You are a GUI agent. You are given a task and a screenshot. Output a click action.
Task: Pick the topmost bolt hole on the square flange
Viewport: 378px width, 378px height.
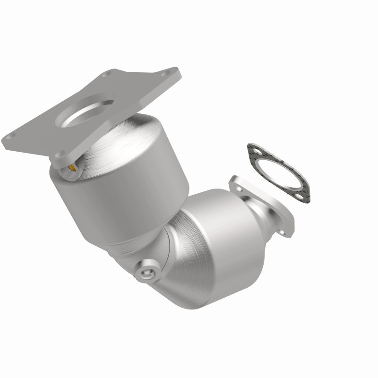[x=108, y=74]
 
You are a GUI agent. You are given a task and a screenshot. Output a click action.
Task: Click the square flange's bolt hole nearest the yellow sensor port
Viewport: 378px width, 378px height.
[x=60, y=154]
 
